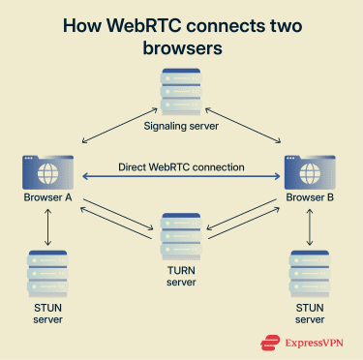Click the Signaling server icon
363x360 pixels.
(181, 93)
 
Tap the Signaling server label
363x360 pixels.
(181, 125)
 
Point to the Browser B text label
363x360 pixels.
(311, 199)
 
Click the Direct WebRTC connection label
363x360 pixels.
(181, 166)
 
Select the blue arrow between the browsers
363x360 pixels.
(181, 178)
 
